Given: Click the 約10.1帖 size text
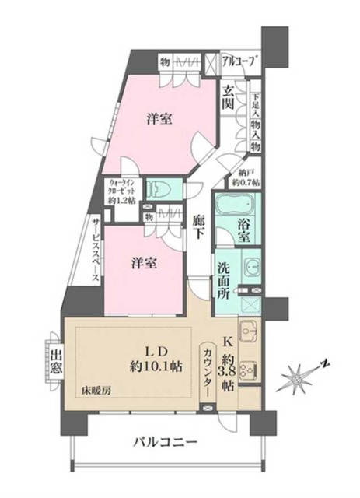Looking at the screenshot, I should [156, 364].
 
